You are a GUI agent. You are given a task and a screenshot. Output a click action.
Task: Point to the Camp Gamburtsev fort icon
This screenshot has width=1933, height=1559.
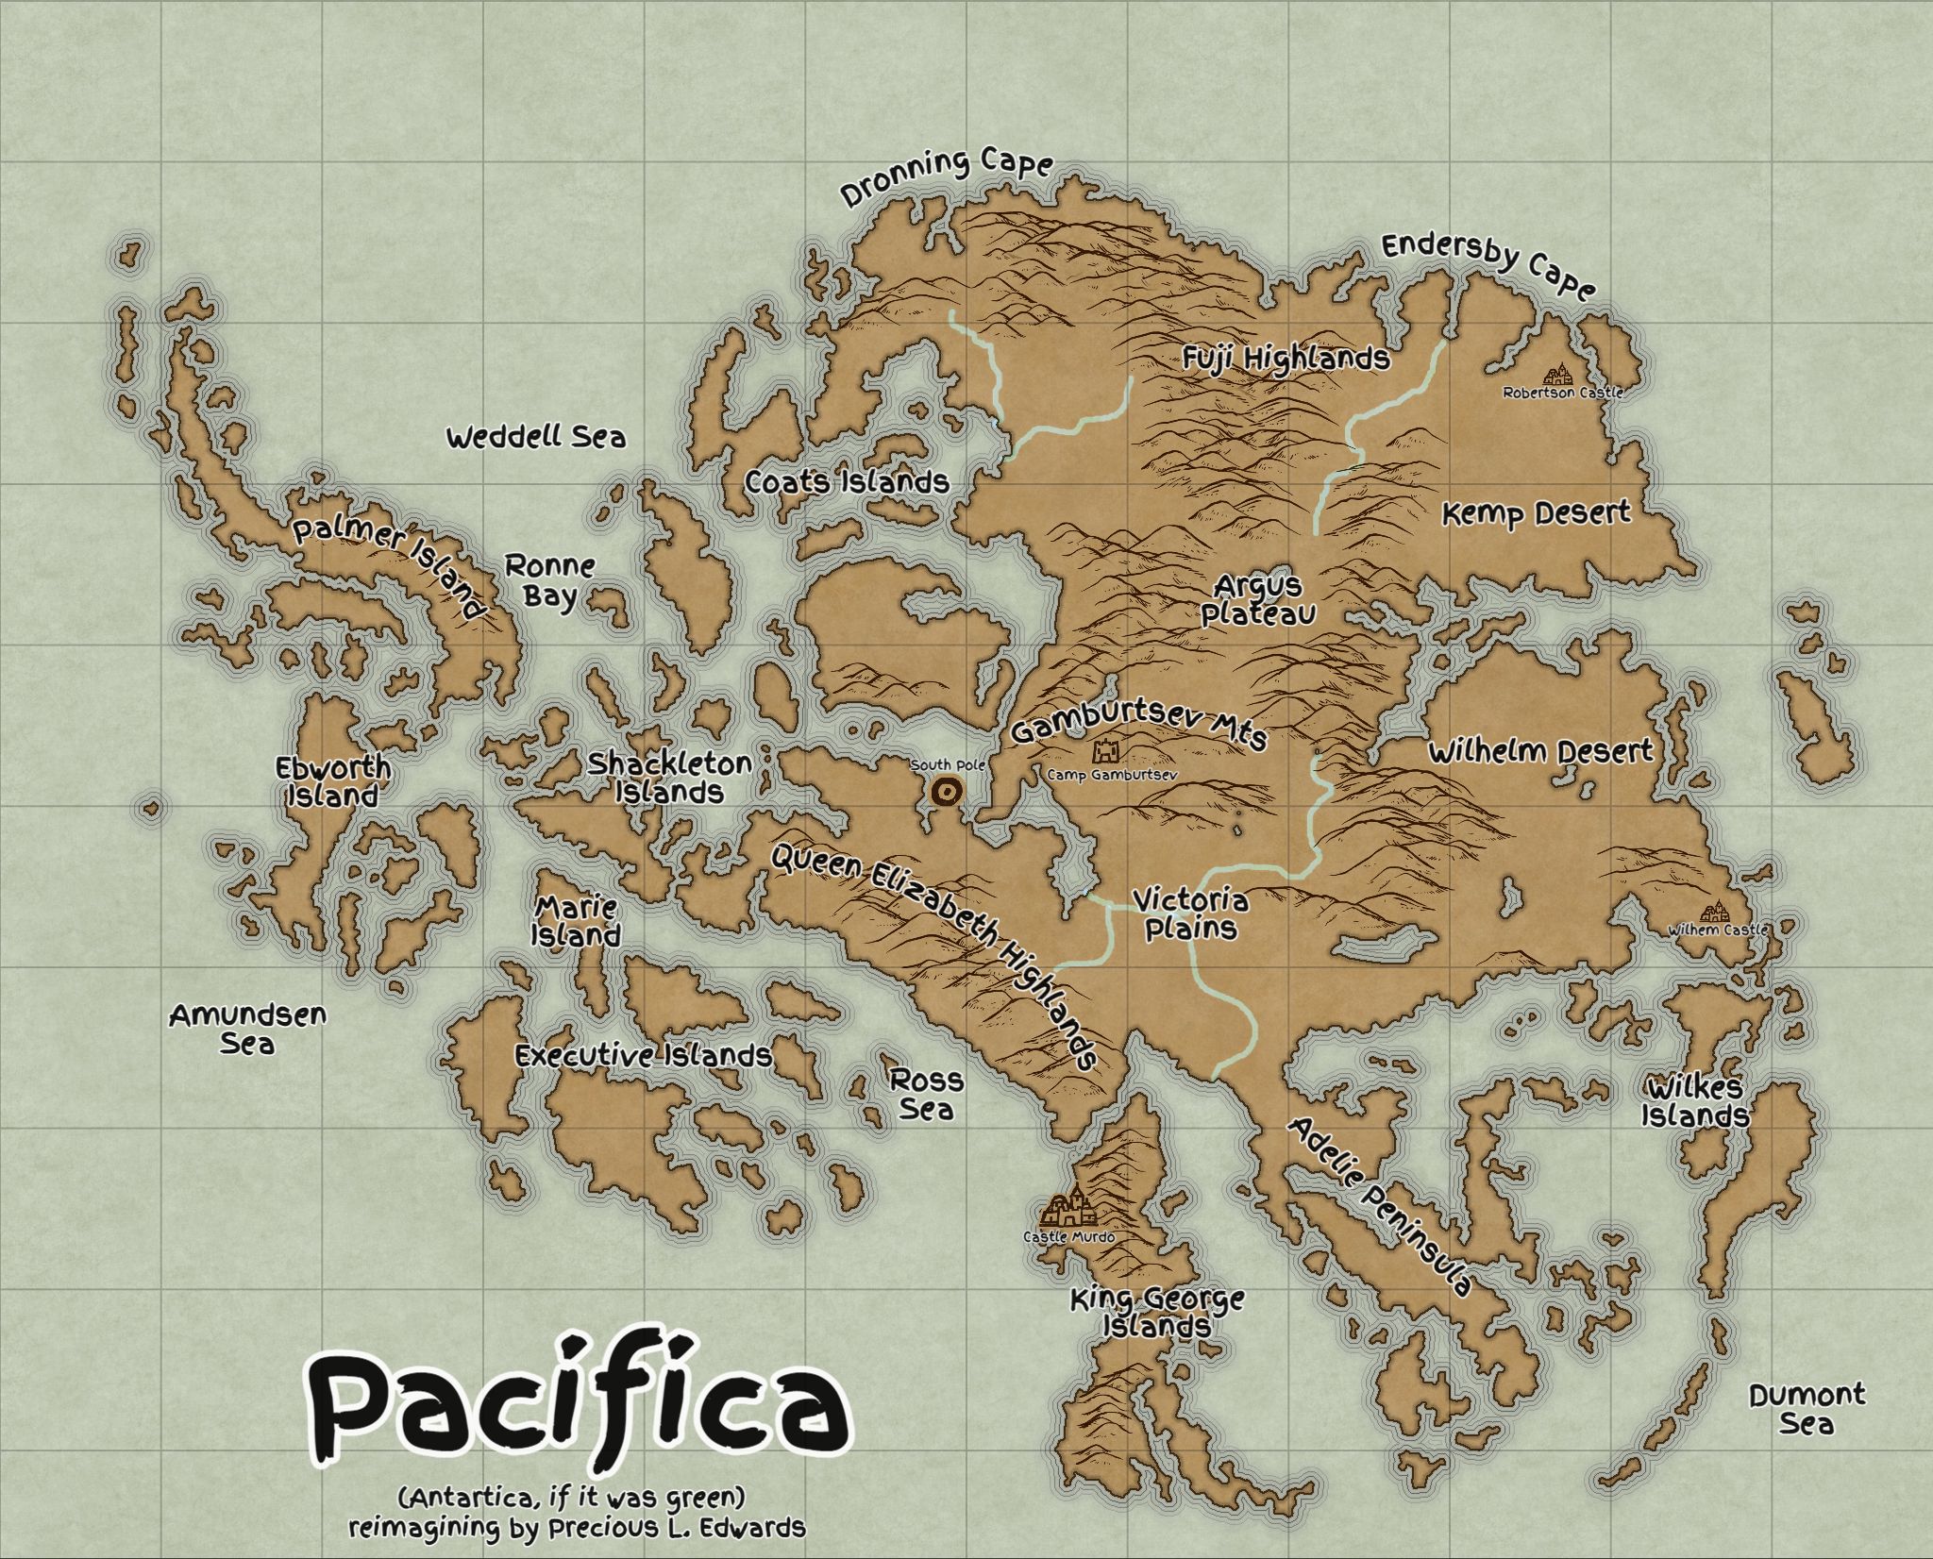[x=1105, y=752]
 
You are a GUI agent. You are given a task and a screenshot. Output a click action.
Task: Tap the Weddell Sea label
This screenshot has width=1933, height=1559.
[x=535, y=438]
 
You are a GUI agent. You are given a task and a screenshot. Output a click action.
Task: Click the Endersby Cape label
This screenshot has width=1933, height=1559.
[x=1489, y=265]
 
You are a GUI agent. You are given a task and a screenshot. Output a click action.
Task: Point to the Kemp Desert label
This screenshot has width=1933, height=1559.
[x=1537, y=514]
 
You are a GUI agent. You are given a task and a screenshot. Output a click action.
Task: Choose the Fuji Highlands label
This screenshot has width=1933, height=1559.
[x=1286, y=359]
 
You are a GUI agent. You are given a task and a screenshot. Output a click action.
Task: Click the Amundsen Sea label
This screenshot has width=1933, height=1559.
[x=247, y=1030]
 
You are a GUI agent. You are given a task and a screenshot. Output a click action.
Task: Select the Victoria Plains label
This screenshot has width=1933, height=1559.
[x=1190, y=914]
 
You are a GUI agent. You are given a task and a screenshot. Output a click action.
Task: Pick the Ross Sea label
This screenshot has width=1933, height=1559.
[x=927, y=1094]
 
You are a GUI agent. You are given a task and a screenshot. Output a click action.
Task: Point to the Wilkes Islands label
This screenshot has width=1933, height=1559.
[x=1695, y=1100]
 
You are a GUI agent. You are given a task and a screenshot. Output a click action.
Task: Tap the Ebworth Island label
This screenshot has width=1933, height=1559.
[x=332, y=781]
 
